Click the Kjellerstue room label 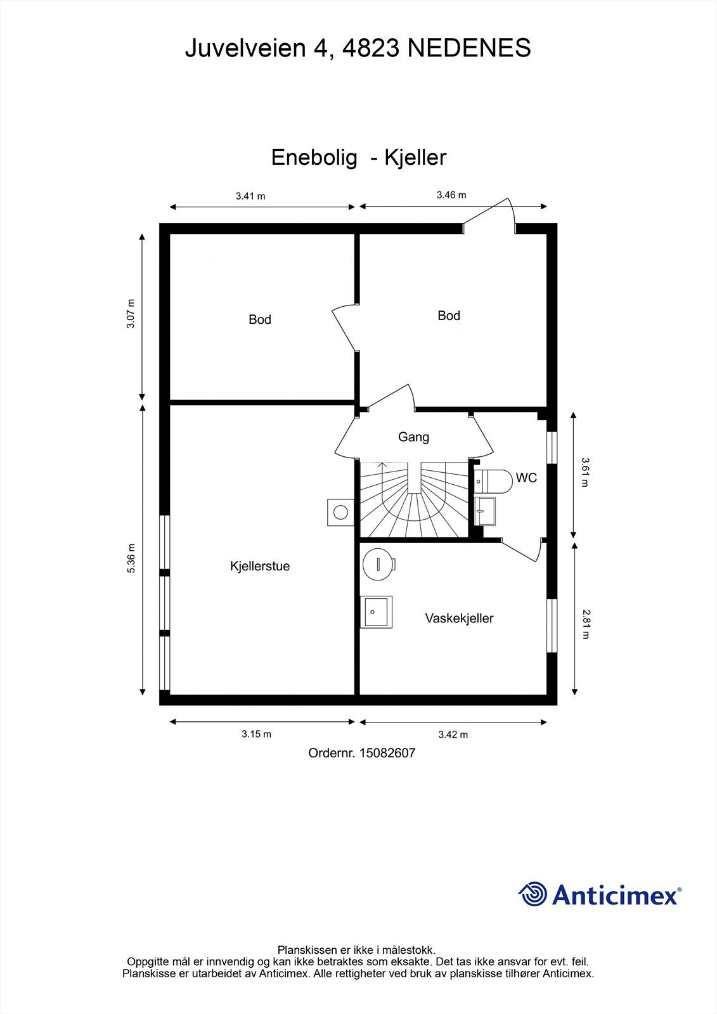(x=259, y=567)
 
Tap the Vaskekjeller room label (x=459, y=619)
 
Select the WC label (x=526, y=478)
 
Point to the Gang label (x=413, y=437)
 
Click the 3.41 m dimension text (x=250, y=196)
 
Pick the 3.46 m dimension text (x=451, y=195)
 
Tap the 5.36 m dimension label (x=131, y=558)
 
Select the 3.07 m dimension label (x=131, y=314)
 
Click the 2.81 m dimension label (x=586, y=624)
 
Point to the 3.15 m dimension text (x=256, y=734)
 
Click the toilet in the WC (x=493, y=481)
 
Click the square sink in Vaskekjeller (x=376, y=612)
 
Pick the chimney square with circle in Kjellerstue (x=340, y=513)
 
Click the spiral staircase (x=414, y=499)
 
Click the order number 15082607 (x=387, y=753)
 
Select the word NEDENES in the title (x=469, y=48)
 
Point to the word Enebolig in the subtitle (x=314, y=158)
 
